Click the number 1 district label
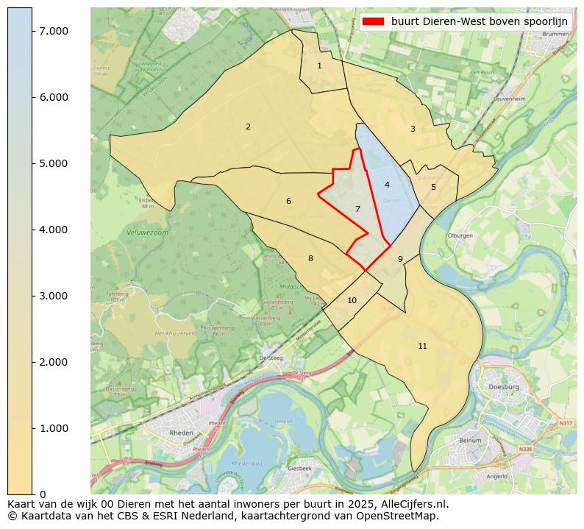coord(319,66)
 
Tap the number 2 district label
coord(248,127)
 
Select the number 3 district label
coord(413,129)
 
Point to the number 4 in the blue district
coord(387,185)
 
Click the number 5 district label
coord(433,188)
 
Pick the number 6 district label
coord(288,202)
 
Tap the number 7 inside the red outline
coord(357,210)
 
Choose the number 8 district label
coord(310,259)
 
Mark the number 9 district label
coord(400,260)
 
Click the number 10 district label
coord(352,301)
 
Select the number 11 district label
coord(422,347)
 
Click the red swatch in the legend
coord(374,22)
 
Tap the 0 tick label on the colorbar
coord(43,494)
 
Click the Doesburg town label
coord(504,387)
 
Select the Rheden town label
coord(181,433)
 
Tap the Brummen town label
coord(555,35)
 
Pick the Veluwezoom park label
coord(143,232)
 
